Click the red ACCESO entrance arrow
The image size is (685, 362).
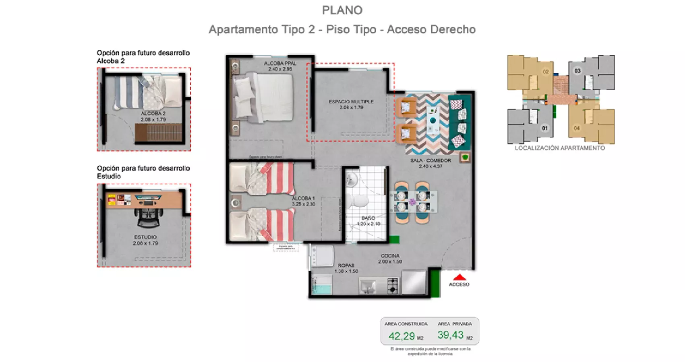[x=459, y=277]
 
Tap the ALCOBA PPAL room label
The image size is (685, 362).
[x=280, y=64]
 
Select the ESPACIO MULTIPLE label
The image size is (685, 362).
[x=351, y=102]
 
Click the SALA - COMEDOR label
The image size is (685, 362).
[x=430, y=160]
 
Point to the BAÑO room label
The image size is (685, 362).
[x=368, y=218]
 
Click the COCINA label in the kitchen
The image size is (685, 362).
[x=390, y=256]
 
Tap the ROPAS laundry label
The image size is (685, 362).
[x=346, y=265]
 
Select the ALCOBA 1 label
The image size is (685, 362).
[x=303, y=198]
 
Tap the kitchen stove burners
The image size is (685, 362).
[x=392, y=286]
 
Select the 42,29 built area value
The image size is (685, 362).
[x=401, y=336]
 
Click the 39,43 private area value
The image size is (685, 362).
[x=451, y=335]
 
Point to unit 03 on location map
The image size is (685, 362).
[x=577, y=71]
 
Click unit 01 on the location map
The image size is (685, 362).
[x=544, y=128]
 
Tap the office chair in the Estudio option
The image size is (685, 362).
[x=148, y=218]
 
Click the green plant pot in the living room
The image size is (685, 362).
[x=466, y=157]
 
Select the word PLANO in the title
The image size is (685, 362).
[x=342, y=10]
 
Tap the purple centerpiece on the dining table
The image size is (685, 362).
[x=412, y=202]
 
